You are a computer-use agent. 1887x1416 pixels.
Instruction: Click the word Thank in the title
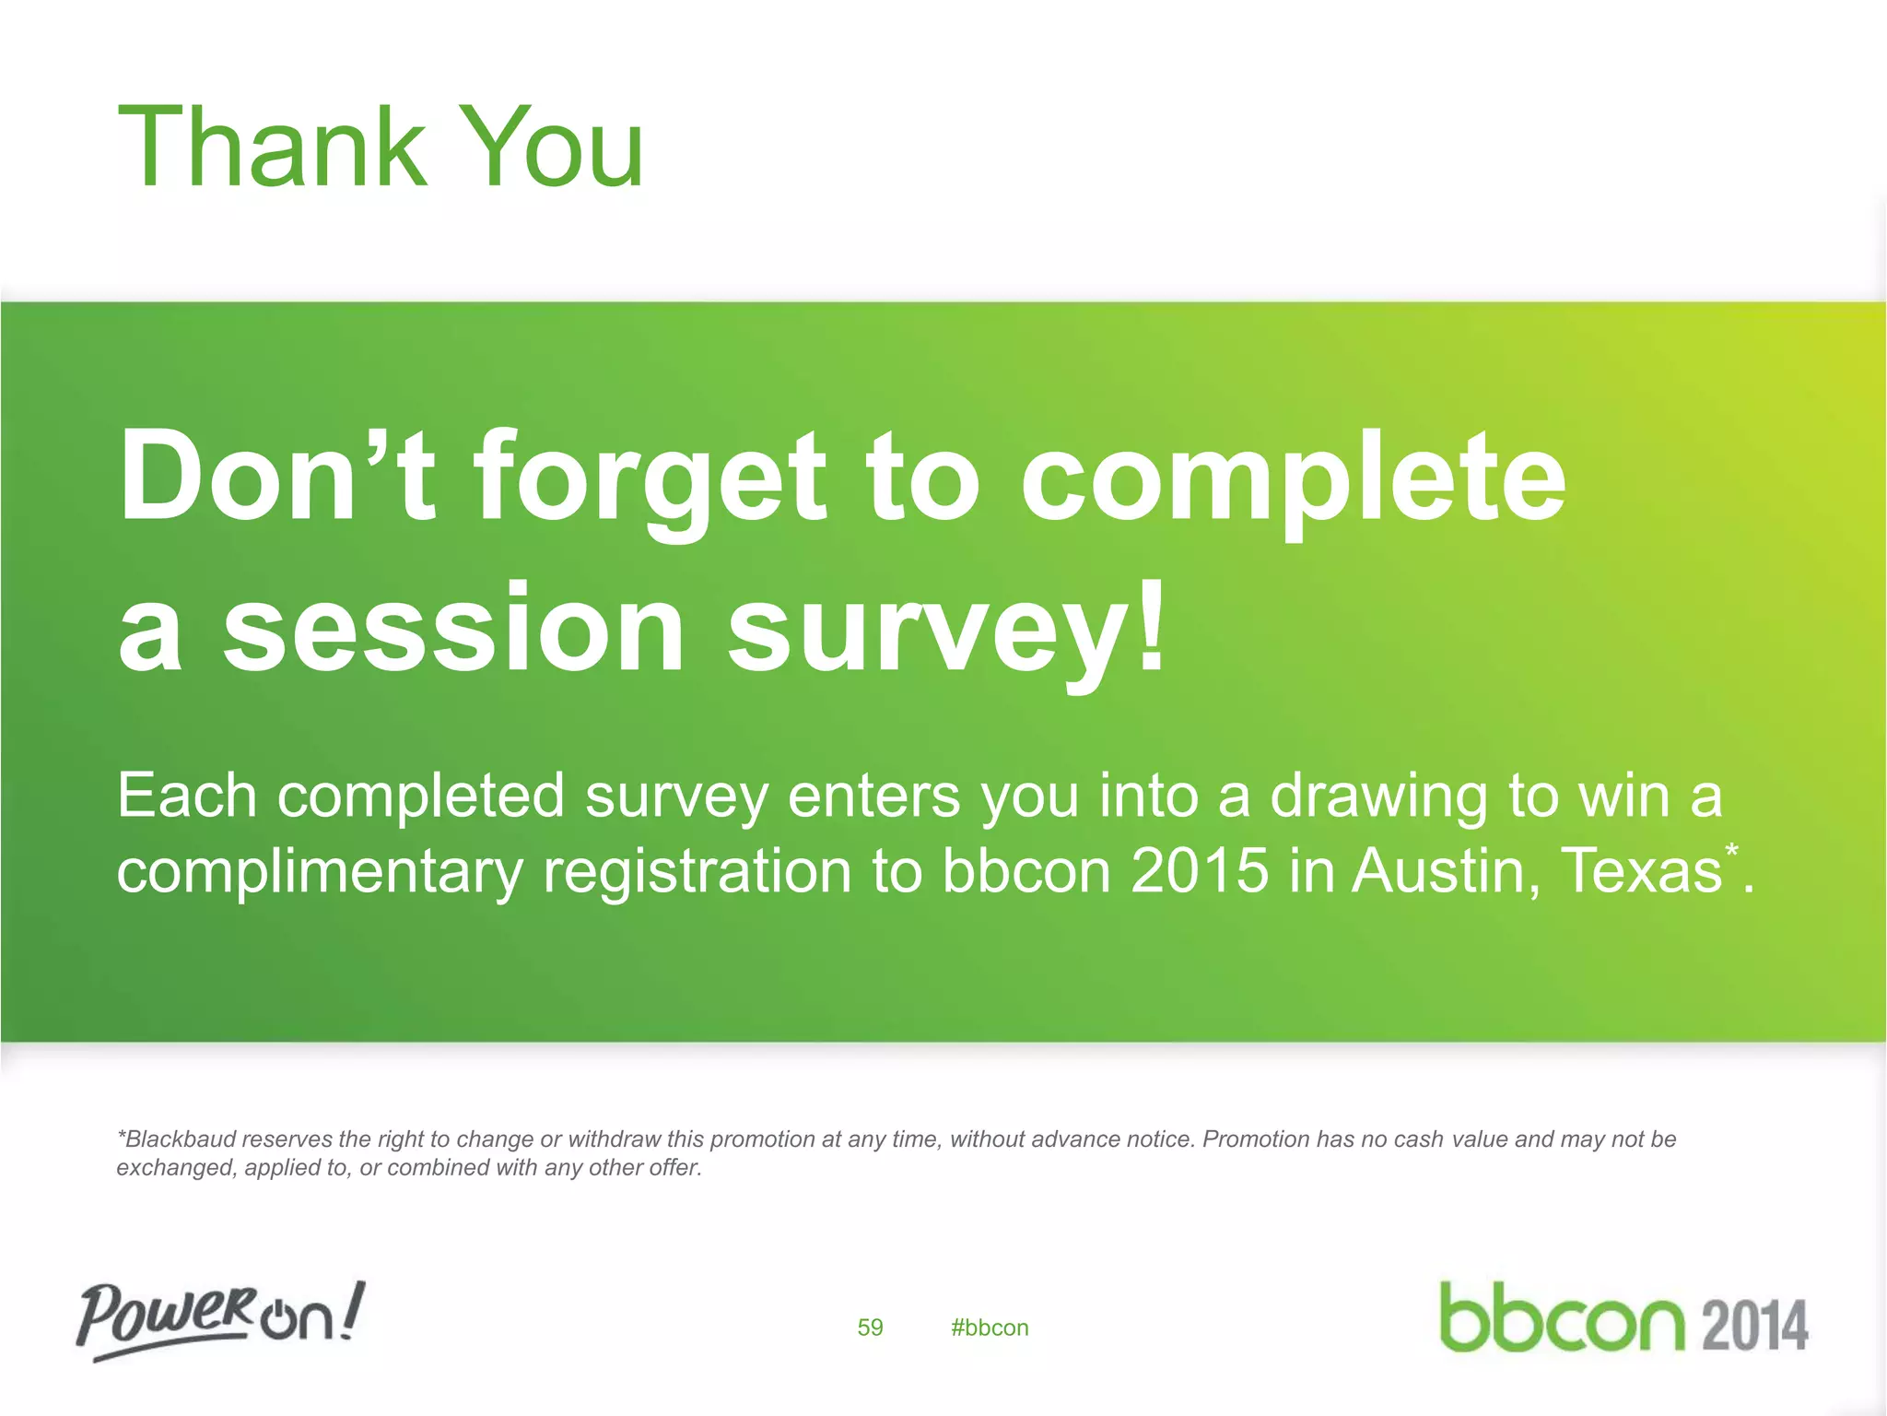pyautogui.click(x=273, y=147)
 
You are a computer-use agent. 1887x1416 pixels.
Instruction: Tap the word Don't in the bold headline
pyautogui.click(x=276, y=477)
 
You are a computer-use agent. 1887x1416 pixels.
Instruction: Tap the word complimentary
pyautogui.click(x=319, y=872)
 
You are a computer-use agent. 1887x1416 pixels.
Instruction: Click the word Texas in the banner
pyautogui.click(x=1641, y=870)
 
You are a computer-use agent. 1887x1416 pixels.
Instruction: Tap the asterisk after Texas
pyautogui.click(x=1732, y=851)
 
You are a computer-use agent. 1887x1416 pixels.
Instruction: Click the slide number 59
pyautogui.click(x=870, y=1327)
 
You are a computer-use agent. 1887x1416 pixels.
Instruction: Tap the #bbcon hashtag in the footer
pyautogui.click(x=990, y=1327)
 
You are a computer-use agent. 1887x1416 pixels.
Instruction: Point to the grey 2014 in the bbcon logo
pyautogui.click(x=1755, y=1326)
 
